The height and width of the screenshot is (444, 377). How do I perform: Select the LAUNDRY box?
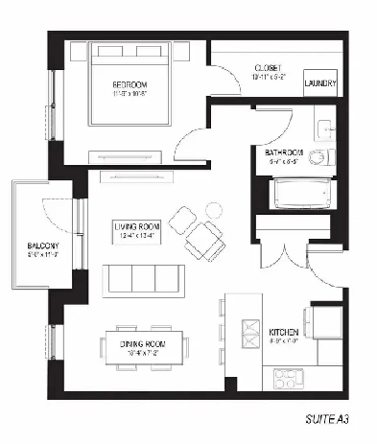point(320,83)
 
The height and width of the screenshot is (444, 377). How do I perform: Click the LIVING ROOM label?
point(135,226)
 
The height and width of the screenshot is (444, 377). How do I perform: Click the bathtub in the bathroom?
point(304,196)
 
